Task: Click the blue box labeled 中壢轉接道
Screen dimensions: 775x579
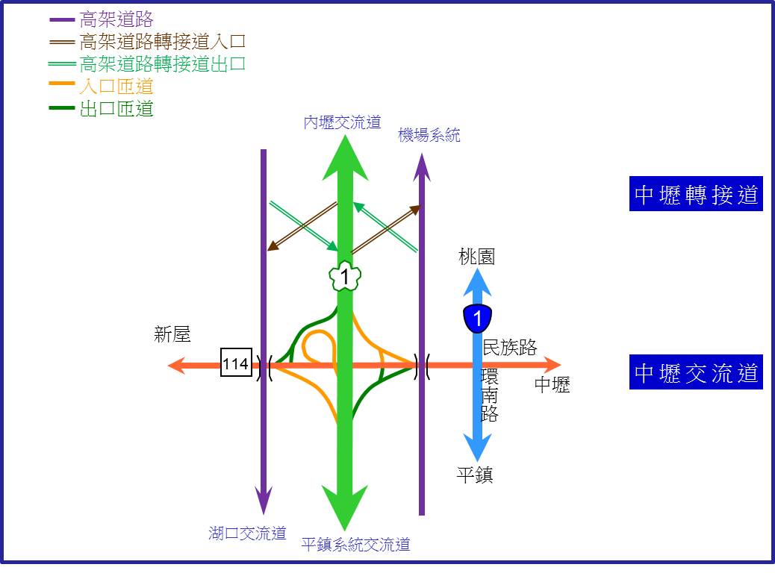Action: tap(696, 194)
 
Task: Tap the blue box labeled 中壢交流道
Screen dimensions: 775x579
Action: tap(696, 372)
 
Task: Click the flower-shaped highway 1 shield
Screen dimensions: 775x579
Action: tap(345, 276)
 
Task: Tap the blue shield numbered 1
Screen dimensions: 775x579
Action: tap(477, 318)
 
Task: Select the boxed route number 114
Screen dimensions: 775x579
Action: tap(236, 364)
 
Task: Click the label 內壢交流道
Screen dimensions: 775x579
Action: tap(343, 122)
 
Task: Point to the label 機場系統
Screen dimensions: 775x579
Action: tap(429, 135)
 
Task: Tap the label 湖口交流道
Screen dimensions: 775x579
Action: tap(248, 533)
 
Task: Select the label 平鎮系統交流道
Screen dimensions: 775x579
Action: tap(356, 545)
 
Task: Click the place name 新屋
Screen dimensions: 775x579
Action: tap(172, 334)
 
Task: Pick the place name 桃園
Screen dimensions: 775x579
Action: tap(476, 257)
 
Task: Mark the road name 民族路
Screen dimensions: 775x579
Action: tap(510, 347)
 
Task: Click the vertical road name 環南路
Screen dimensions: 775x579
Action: tap(490, 395)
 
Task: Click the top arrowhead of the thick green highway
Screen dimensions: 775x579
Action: tap(345, 158)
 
